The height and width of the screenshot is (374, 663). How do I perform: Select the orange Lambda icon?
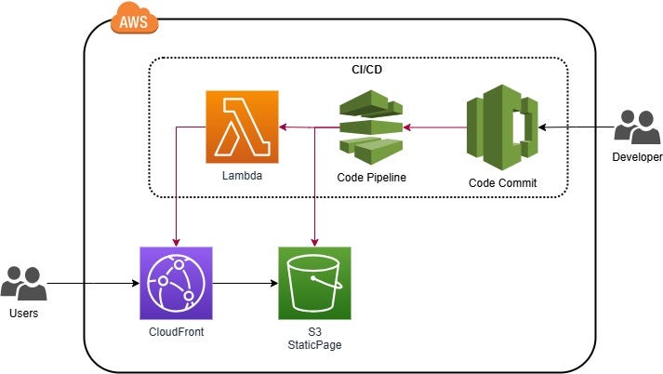242,127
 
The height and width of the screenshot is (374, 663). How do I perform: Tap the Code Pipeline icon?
371,127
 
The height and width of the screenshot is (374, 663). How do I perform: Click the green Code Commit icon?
502,127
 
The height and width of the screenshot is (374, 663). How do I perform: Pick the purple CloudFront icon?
176,283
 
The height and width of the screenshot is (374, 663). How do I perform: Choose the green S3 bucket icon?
314,283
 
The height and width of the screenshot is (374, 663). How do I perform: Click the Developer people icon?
637,127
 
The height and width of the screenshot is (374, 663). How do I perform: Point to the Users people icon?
23,283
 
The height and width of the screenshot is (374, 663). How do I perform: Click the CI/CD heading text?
359,69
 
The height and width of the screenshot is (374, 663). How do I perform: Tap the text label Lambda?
242,175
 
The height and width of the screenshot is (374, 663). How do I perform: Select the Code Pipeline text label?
371,177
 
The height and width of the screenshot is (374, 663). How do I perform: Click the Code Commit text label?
502,183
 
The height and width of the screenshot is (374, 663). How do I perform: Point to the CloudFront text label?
176,331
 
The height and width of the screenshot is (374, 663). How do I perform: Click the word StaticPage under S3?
314,346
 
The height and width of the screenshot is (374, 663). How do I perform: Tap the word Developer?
637,156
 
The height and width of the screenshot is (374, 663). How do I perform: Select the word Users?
23,314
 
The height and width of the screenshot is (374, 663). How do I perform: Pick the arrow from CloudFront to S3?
245,283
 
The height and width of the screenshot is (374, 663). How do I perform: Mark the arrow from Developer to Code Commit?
577,127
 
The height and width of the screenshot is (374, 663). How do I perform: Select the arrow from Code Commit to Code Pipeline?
435,127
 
